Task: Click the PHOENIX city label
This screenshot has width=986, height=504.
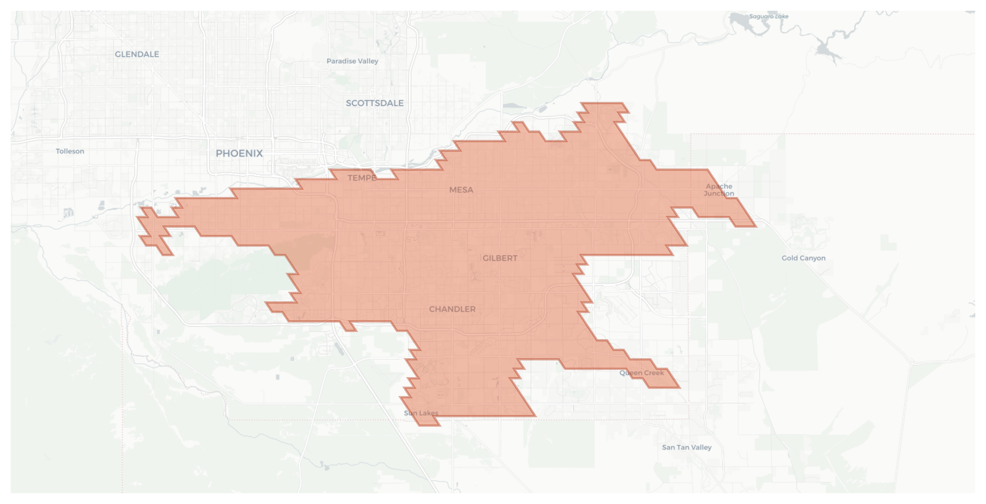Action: click(239, 154)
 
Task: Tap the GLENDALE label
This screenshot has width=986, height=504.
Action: click(136, 54)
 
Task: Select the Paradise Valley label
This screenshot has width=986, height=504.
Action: click(352, 61)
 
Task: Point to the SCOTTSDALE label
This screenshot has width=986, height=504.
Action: click(374, 103)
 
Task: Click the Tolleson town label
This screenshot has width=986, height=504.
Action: click(70, 151)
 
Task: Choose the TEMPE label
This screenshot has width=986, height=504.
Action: click(362, 178)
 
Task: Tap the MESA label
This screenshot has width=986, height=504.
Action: click(461, 190)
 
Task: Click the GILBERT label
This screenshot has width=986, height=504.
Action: click(500, 258)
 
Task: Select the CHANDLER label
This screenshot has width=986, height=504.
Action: click(452, 310)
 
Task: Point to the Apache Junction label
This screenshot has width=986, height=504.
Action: click(719, 190)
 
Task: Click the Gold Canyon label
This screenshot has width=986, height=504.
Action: click(803, 258)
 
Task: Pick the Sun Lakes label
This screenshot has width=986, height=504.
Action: click(421, 413)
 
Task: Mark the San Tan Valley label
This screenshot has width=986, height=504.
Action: click(687, 448)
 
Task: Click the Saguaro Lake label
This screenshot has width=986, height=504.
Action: click(768, 16)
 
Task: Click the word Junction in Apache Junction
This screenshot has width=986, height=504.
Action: click(719, 193)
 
